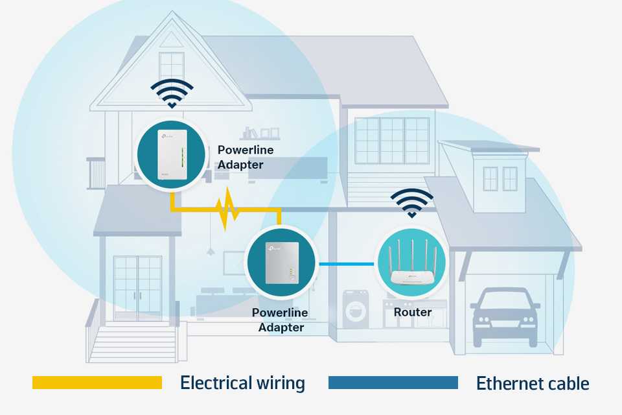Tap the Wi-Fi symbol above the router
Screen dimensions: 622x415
click(412, 203)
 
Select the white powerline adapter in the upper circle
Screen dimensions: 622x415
click(172, 154)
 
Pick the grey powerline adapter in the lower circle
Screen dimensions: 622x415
click(282, 263)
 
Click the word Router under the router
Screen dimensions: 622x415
click(413, 312)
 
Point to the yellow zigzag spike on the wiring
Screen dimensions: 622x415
click(227, 209)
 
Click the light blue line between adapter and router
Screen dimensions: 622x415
click(346, 264)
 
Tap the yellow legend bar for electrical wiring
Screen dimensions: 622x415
click(97, 383)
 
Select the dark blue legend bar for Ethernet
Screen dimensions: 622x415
click(393, 383)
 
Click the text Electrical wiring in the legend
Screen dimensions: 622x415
click(242, 383)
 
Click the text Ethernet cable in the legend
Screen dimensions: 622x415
click(533, 384)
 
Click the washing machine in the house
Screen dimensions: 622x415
click(356, 309)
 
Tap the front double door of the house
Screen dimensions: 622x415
click(137, 289)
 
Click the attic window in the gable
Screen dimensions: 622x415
click(171, 68)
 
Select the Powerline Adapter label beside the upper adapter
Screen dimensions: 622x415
click(245, 158)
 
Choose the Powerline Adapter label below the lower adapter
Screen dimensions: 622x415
click(280, 320)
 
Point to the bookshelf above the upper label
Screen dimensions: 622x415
click(260, 134)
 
